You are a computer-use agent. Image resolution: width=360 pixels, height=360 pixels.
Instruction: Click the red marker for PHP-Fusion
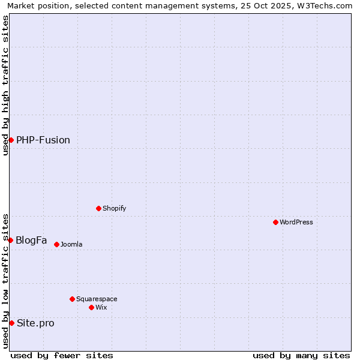click(11, 140)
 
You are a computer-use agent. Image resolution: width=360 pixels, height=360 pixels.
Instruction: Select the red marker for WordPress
click(275, 222)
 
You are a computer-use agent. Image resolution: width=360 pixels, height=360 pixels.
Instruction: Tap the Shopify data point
click(98, 208)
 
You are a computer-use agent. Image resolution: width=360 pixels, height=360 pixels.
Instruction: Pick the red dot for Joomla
click(56, 244)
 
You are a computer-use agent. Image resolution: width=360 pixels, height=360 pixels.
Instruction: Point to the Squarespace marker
click(72, 299)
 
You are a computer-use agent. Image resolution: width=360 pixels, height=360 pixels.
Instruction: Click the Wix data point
click(91, 307)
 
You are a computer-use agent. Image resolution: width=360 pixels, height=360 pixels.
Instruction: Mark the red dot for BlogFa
click(10, 240)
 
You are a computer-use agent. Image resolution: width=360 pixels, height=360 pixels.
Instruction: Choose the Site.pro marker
click(11, 323)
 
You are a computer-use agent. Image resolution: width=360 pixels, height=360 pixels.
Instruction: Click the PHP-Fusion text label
click(43, 140)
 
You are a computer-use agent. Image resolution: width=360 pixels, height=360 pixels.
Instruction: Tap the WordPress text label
click(296, 222)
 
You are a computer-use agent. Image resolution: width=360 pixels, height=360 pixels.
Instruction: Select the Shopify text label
click(114, 208)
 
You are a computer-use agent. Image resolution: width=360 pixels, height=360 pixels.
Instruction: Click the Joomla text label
click(71, 244)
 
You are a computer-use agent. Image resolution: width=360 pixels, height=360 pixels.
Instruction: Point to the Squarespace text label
click(97, 299)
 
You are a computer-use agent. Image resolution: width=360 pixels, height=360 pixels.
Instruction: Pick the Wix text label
click(101, 307)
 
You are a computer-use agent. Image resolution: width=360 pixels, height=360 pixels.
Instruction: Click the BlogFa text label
click(31, 240)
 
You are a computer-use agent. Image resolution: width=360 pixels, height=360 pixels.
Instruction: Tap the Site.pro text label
click(35, 323)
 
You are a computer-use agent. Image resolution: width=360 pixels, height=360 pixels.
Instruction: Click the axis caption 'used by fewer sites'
click(62, 355)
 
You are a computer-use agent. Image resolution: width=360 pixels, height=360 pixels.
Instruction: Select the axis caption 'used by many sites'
click(301, 355)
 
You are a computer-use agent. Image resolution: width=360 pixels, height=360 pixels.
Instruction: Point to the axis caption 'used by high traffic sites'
click(6, 85)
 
